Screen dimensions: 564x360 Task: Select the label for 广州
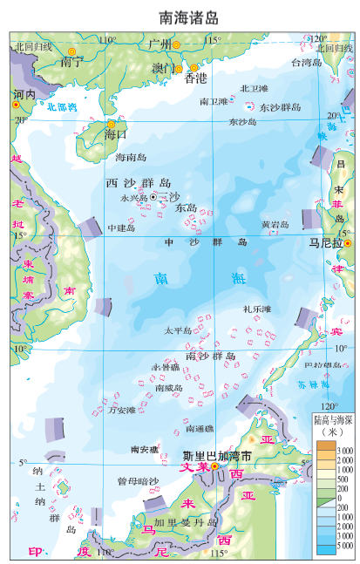pyautogui.click(x=160, y=44)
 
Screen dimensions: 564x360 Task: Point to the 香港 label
pyautogui.click(x=196, y=78)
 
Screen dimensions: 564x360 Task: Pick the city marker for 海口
pyautogui.click(x=111, y=124)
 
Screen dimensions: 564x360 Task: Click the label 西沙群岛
pyautogui.click(x=138, y=183)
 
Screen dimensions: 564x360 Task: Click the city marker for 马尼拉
pyautogui.click(x=347, y=244)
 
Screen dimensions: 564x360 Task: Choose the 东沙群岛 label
pyautogui.click(x=280, y=107)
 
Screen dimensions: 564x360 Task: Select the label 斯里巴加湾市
pyautogui.click(x=217, y=456)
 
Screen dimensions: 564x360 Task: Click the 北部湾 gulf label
pyautogui.click(x=62, y=107)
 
